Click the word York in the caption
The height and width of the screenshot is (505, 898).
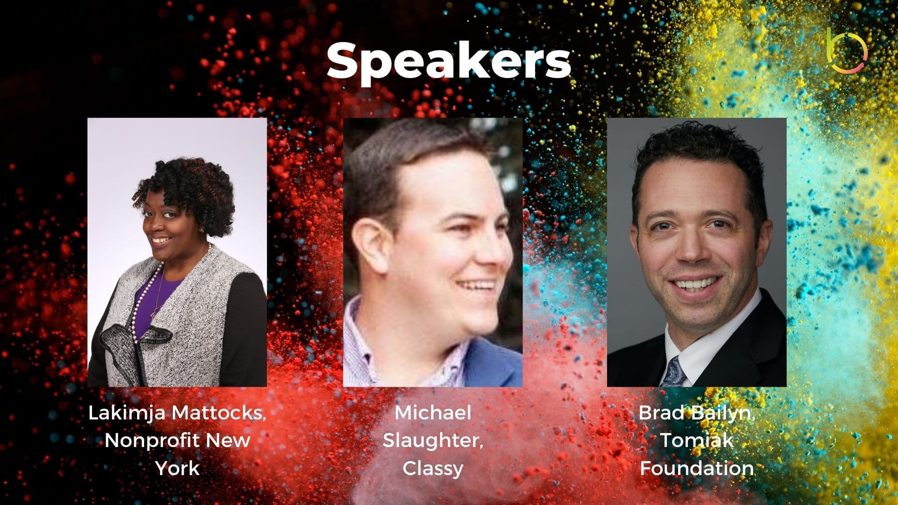click(177, 468)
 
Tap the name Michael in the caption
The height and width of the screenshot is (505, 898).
click(433, 413)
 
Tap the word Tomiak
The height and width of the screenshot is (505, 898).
click(696, 440)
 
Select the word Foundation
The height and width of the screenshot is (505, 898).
click(696, 468)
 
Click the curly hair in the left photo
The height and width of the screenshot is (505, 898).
click(187, 192)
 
